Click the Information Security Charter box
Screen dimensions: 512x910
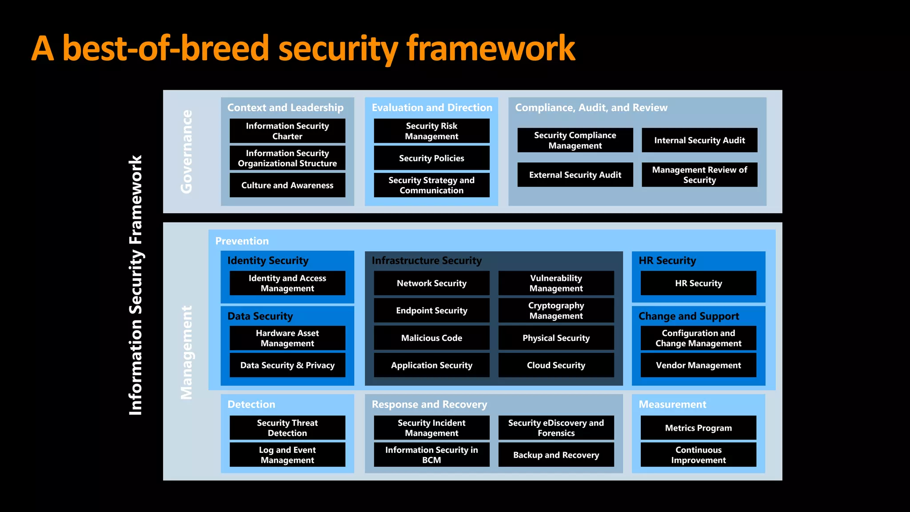[x=287, y=131]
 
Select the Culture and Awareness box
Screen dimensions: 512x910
[x=287, y=185]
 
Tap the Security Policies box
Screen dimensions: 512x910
[x=431, y=158]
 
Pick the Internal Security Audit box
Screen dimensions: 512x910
[x=699, y=140]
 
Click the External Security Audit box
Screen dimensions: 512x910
[x=575, y=175]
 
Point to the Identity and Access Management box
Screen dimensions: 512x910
[x=287, y=283]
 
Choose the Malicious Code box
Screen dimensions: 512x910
[x=431, y=338]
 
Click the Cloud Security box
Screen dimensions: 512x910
[x=556, y=365]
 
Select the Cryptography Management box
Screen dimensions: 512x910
[x=556, y=310]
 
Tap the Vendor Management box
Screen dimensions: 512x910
[x=698, y=365]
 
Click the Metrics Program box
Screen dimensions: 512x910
[x=698, y=428]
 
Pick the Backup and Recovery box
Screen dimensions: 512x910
[x=556, y=455]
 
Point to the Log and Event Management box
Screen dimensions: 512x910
[x=287, y=455]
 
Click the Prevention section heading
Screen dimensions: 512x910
[x=242, y=241]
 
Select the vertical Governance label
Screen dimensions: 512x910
[x=187, y=152]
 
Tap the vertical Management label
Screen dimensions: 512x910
[x=187, y=352]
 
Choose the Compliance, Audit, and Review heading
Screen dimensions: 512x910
[x=591, y=108]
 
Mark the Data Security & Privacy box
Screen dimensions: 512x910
[x=287, y=365]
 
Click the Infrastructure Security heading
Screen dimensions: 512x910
[x=427, y=260]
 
